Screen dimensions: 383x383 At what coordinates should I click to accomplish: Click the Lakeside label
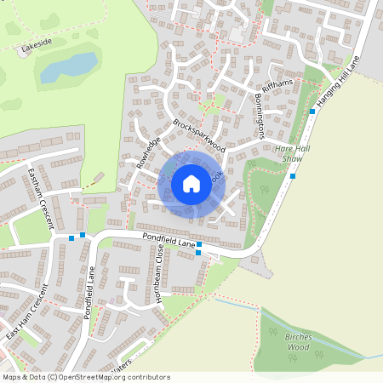(x=37, y=45)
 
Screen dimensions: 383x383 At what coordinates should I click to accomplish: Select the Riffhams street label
(x=277, y=83)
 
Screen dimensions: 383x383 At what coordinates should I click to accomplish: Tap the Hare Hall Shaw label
(x=289, y=152)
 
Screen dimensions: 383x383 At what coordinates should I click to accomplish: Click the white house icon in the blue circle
(x=191, y=183)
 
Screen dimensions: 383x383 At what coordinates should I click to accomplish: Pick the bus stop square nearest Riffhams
(x=312, y=111)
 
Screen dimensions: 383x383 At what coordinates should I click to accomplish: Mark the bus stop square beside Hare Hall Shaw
(x=293, y=176)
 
